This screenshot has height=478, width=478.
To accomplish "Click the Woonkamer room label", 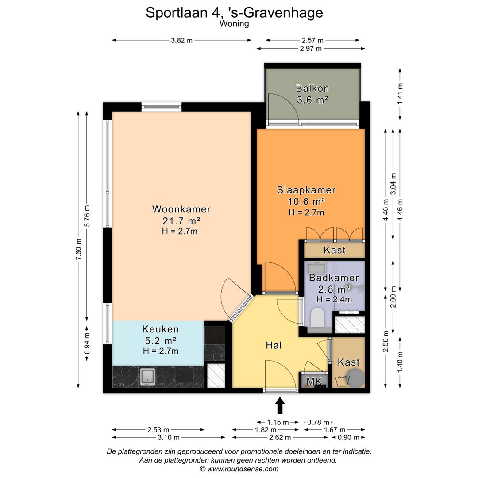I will [181, 209].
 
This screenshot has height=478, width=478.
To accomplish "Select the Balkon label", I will [312, 88].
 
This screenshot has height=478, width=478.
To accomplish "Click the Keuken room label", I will [160, 329].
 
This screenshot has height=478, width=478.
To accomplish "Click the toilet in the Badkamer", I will [317, 318].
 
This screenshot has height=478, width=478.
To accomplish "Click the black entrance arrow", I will [280, 405].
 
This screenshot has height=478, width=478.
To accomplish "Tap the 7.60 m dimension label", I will [79, 251].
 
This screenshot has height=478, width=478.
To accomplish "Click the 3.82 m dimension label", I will [181, 40].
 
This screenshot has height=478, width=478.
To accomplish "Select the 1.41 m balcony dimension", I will [400, 93].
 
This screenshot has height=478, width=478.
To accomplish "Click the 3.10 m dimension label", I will [169, 437].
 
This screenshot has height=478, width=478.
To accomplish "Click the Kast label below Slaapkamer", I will [335, 250].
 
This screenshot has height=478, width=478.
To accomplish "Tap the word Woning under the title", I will [234, 24].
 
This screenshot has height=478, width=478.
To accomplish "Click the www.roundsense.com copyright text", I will [239, 469].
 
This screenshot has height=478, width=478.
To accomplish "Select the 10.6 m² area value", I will [306, 202].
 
